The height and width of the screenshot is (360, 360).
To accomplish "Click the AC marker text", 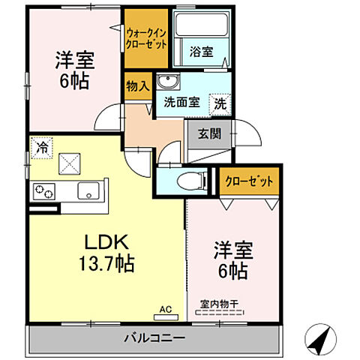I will (166, 307).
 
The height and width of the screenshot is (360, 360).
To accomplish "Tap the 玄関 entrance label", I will (208, 136).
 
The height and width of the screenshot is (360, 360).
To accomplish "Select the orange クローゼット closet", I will (249, 181).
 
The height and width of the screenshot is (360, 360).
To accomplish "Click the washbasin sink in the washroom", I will (166, 82).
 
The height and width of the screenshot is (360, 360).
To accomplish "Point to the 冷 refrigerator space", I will (42, 146).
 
